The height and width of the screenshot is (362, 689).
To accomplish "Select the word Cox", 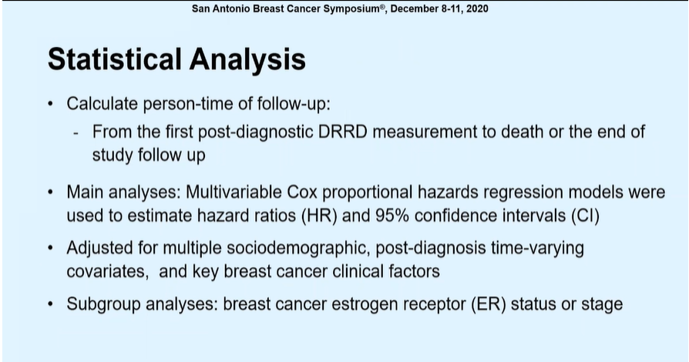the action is (302, 193).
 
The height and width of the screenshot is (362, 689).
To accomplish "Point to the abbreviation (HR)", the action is (320, 216).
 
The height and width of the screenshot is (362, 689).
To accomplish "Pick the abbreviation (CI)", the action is (585, 216).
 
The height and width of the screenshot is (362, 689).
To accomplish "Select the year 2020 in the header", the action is (477, 8).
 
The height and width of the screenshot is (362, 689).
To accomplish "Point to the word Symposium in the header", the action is (357, 8).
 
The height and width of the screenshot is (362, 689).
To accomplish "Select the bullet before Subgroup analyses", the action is (51, 304).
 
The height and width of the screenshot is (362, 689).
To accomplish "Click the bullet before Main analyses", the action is (51, 193).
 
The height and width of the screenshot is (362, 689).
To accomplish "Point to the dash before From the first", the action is (76, 132).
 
